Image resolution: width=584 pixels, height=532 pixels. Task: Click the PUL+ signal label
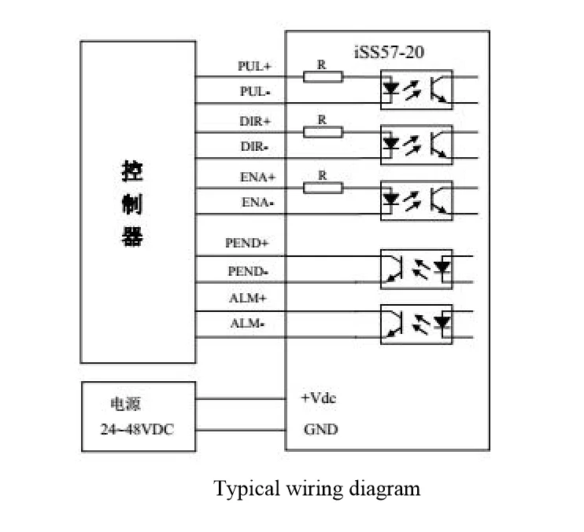point(254,67)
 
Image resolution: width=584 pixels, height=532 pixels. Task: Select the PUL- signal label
point(255,92)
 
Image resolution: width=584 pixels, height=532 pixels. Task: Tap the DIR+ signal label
point(254,122)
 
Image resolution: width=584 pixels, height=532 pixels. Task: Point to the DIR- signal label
point(255,147)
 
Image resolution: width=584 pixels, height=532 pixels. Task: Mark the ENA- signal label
point(257,203)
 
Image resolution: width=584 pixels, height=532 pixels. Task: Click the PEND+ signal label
point(247,244)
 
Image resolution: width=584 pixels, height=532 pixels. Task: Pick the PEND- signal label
point(248,271)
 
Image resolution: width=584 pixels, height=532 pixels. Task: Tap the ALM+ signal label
point(249,298)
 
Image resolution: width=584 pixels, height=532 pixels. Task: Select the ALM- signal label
point(249,324)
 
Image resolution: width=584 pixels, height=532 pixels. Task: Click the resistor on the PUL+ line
point(323,77)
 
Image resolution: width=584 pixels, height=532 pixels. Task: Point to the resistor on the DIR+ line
point(323,132)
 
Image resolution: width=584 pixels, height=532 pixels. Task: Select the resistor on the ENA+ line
point(323,187)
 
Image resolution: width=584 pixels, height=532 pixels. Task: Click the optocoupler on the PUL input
point(416,89)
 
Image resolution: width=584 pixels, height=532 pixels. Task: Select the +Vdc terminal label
point(319,398)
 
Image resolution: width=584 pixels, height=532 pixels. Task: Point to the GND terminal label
point(320,430)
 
